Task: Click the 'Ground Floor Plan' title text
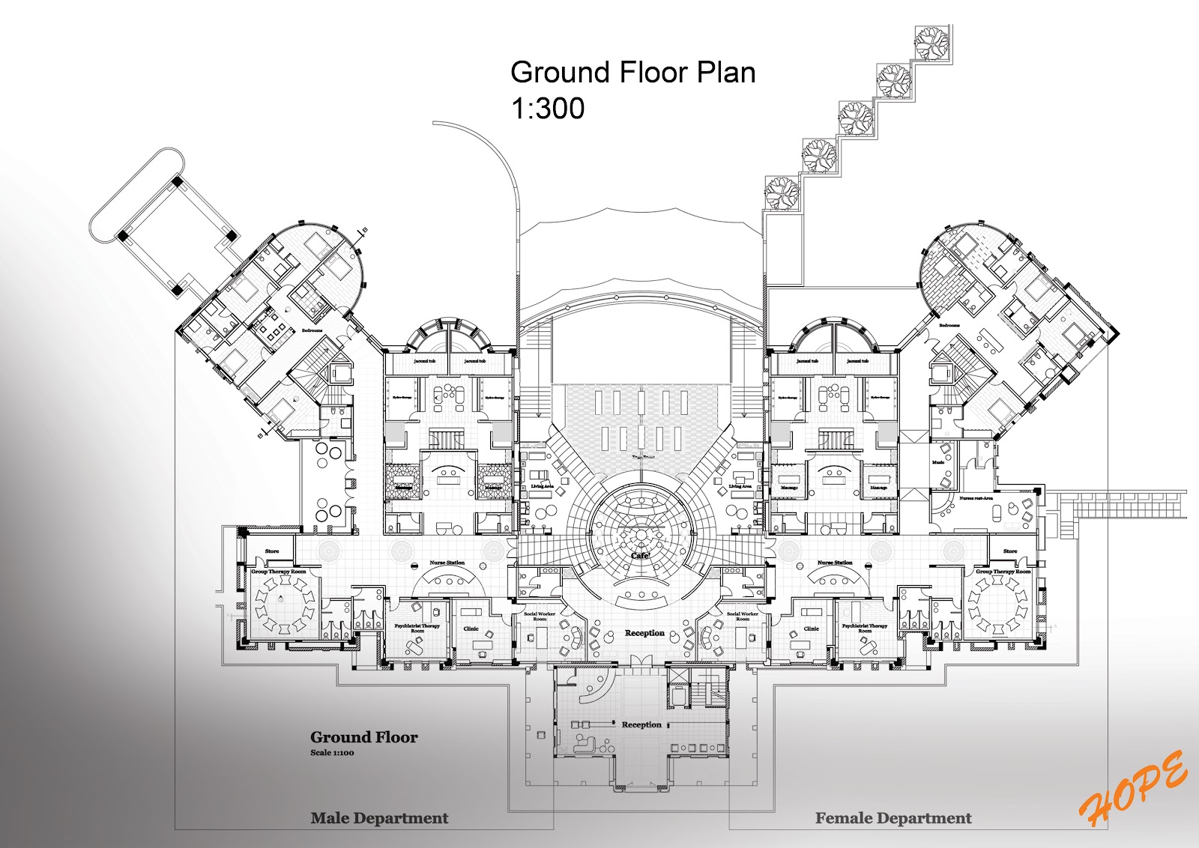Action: point(632,73)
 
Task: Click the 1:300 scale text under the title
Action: point(547,109)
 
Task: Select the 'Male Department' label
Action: point(379,818)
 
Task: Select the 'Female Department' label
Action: point(893,818)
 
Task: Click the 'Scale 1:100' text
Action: point(332,753)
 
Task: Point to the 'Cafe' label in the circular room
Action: point(640,556)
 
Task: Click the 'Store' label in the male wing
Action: point(272,551)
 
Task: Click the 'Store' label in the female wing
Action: point(1010,551)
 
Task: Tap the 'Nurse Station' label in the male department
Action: point(447,563)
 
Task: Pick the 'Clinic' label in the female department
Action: point(811,629)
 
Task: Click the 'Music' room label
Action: point(937,463)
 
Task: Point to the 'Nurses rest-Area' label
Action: point(976,498)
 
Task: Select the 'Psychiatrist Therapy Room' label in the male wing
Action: point(417,628)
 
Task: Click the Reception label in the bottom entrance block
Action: point(641,724)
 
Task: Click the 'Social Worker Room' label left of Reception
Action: point(540,617)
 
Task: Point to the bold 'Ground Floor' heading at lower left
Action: point(364,737)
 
